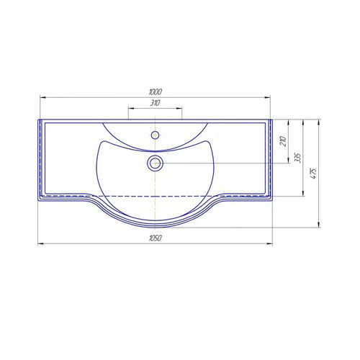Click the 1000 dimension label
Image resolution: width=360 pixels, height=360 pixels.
[156, 91]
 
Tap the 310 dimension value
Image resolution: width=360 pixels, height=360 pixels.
[155, 103]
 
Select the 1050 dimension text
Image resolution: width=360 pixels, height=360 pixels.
[156, 238]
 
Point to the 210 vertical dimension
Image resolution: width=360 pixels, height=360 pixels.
[283, 141]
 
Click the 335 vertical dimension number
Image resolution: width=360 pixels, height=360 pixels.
[297, 158]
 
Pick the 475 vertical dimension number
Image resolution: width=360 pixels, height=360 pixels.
[313, 174]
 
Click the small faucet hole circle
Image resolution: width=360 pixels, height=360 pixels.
[156, 135]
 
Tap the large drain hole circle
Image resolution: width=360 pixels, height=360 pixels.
[156, 163]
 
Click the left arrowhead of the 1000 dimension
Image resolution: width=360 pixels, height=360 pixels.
[43, 97]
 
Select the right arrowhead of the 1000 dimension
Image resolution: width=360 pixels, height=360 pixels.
[267, 97]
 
